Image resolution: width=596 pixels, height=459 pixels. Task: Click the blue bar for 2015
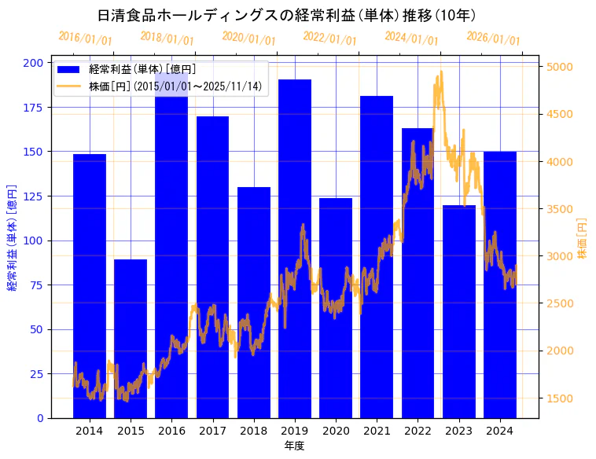pyautogui.click(x=130, y=338)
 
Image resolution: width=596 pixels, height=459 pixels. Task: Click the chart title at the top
pyautogui.click(x=287, y=15)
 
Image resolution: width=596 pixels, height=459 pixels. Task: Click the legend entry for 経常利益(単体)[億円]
pyautogui.click(x=142, y=69)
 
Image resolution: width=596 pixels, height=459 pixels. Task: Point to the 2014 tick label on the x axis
pyautogui.click(x=89, y=430)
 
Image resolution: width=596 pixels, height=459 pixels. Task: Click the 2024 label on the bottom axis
pyautogui.click(x=499, y=430)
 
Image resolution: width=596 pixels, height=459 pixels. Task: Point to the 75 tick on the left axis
pyautogui.click(x=38, y=285)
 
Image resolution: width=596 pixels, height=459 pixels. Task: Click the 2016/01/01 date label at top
pyautogui.click(x=85, y=38)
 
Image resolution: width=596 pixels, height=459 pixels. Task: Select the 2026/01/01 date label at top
pyautogui.click(x=493, y=38)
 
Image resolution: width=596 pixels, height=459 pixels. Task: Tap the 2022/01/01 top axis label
pyautogui.click(x=329, y=38)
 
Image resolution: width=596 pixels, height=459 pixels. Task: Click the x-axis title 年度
pyautogui.click(x=294, y=446)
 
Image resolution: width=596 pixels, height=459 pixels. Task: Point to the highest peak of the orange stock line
pyautogui.click(x=441, y=72)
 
